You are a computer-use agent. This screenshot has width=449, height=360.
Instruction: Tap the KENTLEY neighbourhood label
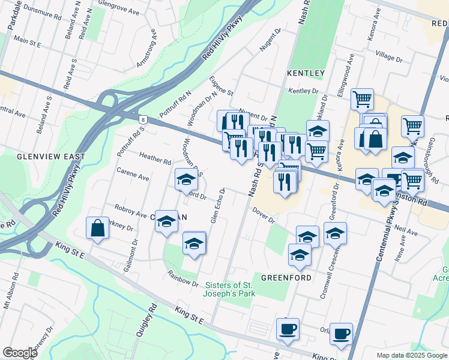point(306,73)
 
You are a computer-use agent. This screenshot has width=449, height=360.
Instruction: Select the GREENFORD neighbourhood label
point(285,278)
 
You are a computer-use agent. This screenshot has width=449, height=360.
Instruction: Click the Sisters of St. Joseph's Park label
point(231,289)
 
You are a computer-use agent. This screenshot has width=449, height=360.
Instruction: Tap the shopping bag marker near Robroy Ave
point(97,229)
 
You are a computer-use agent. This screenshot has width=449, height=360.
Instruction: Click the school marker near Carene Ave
point(186,179)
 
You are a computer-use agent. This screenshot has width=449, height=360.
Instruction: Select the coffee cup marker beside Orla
point(342,334)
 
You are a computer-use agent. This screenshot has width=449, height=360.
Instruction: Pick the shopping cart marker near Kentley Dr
point(362,99)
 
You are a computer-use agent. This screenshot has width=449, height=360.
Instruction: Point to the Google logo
point(20,353)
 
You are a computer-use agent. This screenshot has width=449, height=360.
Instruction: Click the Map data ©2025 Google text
point(412,355)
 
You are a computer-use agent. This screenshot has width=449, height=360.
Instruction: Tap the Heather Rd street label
point(155,159)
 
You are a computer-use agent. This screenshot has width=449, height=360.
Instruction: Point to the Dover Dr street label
point(263,215)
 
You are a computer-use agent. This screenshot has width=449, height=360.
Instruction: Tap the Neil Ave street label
point(406,230)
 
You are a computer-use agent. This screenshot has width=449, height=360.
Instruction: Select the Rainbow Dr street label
point(183,280)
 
